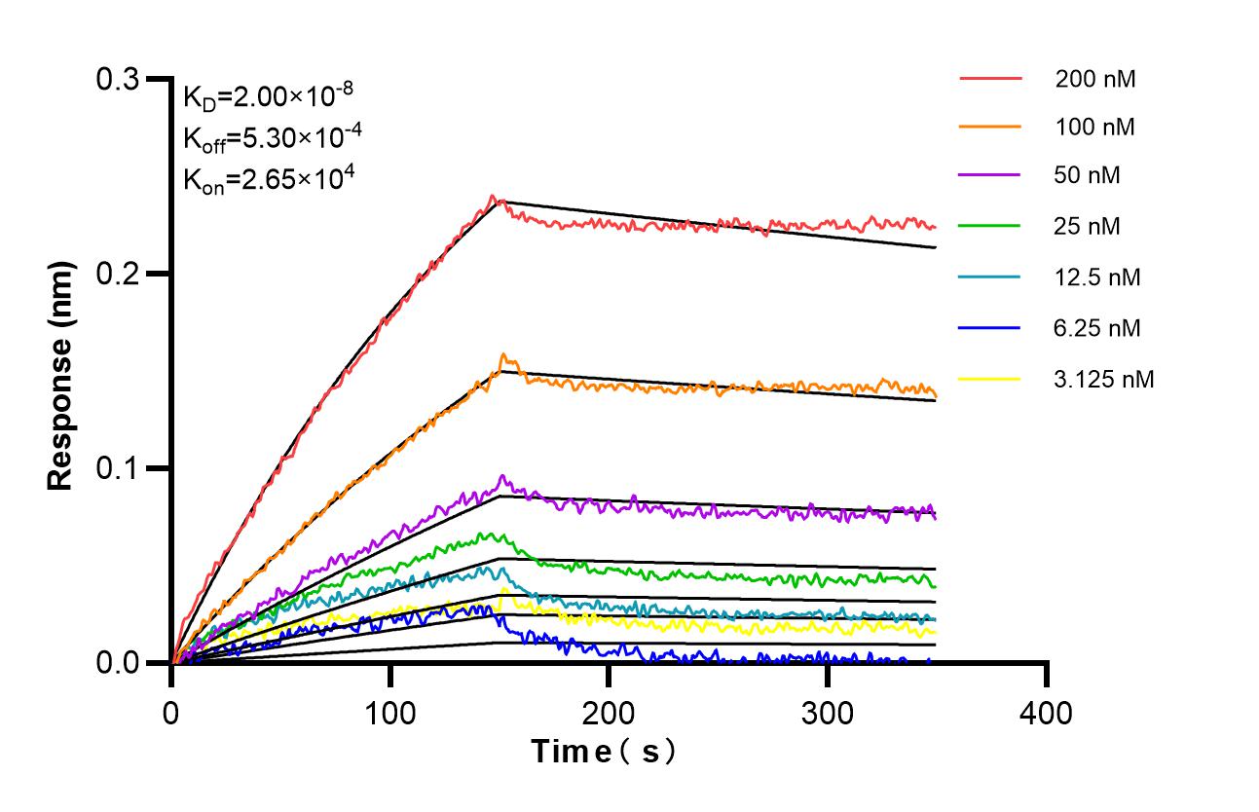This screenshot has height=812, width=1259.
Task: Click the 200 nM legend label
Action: coord(1095,79)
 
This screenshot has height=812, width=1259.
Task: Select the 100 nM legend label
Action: coord(1095,127)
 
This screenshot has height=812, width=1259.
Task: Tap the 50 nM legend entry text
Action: coord(1088,176)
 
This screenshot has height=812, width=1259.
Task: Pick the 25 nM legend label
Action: coord(1088,227)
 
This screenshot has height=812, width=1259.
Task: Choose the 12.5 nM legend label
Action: coord(1097,277)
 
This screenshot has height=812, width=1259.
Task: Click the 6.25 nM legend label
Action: coord(1097,328)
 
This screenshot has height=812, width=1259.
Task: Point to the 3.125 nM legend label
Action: coord(1104,380)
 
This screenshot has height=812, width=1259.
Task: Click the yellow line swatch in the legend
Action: coord(989,379)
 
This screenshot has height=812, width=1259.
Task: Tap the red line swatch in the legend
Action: coord(989,78)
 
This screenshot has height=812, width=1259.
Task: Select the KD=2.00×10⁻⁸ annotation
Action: coord(268,96)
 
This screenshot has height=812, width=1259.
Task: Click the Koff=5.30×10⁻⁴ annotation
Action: coord(273,137)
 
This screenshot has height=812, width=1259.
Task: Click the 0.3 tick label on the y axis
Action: coord(117,79)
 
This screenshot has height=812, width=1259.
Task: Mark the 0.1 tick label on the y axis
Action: coord(117,468)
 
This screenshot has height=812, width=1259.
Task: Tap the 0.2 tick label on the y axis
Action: coord(117,274)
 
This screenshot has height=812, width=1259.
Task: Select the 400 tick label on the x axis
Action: coord(1046,714)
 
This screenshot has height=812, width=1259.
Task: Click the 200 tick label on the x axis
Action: coord(609,714)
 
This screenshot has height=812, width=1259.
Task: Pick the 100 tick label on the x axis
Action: coord(389,714)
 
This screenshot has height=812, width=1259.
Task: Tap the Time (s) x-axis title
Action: coord(604,752)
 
